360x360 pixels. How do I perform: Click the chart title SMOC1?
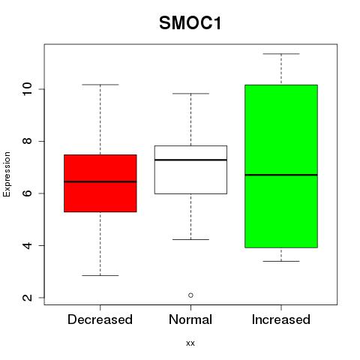click(190, 23)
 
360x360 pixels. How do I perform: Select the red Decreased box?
click(100, 183)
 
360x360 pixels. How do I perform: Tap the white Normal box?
click(190, 169)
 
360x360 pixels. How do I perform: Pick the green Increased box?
click(281, 166)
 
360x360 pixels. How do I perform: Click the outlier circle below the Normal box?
click(190, 295)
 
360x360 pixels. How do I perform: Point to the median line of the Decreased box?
click(100, 181)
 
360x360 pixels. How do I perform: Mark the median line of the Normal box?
click(190, 160)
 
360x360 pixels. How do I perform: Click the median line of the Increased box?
click(281, 175)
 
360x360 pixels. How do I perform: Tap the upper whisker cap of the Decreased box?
click(100, 85)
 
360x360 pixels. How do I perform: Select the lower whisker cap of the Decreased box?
click(100, 275)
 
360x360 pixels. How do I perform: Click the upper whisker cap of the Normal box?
click(190, 94)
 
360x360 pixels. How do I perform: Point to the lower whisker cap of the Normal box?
click(190, 239)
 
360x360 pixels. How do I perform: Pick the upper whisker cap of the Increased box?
click(281, 54)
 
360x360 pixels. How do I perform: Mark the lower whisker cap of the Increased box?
click(281, 261)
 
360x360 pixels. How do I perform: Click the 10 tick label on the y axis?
click(28, 89)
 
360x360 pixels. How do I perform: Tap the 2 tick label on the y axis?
click(28, 298)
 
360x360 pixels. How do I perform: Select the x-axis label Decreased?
click(100, 319)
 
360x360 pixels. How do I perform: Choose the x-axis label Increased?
click(281, 319)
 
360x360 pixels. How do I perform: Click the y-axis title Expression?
click(7, 174)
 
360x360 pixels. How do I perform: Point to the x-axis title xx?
click(190, 343)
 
